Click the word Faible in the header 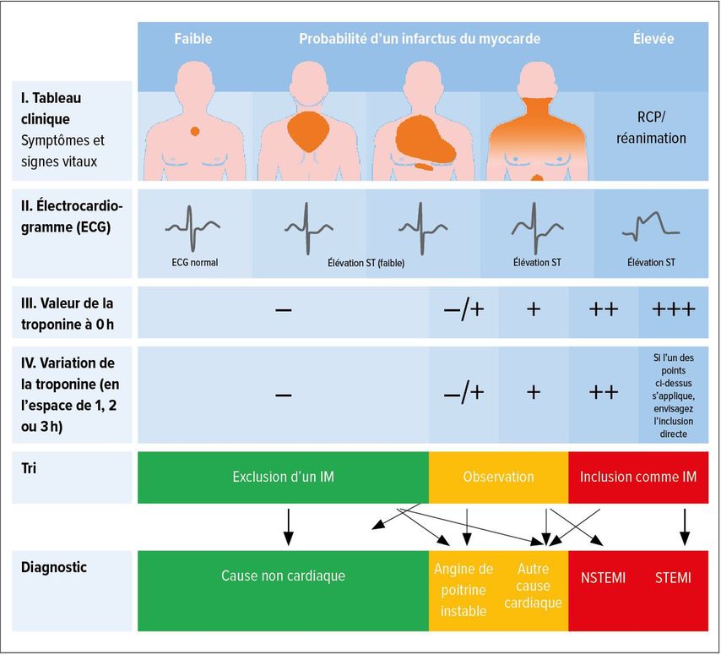[193, 38]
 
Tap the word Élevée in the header [653, 38]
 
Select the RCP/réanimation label [651, 128]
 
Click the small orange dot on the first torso [195, 132]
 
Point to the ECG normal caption [195, 262]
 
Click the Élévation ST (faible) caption [366, 263]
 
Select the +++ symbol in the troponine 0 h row [674, 309]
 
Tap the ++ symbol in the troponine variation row [604, 393]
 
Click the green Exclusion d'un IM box [284, 478]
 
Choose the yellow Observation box [499, 478]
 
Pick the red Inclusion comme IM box [638, 478]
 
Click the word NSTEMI [604, 578]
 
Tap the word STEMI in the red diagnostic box [673, 578]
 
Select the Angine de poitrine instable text [463, 590]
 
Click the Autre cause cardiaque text [533, 586]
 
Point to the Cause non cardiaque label [284, 576]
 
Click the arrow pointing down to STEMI [685, 527]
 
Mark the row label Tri [29, 468]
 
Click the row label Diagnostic [54, 567]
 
